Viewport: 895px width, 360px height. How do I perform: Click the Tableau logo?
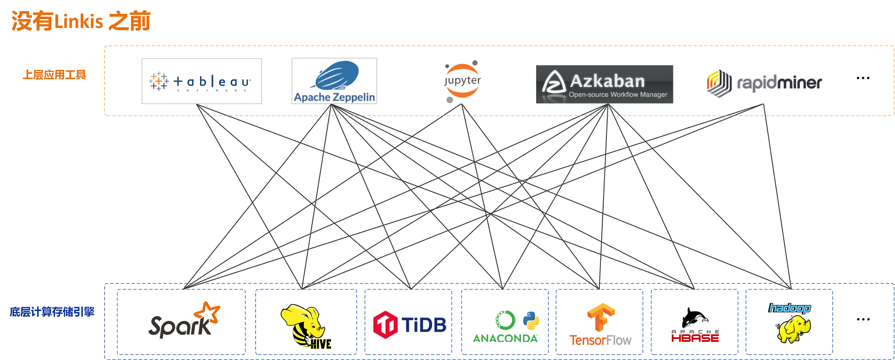click(201, 81)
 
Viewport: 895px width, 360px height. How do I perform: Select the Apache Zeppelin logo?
click(334, 81)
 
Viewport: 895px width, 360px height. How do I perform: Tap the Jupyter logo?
click(462, 81)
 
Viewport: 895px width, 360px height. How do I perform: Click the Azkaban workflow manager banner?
click(604, 84)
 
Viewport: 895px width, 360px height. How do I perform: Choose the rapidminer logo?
click(764, 83)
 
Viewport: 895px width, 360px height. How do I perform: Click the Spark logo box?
click(181, 322)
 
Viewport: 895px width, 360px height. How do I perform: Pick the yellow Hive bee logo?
click(304, 325)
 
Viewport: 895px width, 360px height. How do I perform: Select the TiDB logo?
click(409, 325)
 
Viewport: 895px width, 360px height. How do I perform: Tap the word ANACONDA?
click(505, 338)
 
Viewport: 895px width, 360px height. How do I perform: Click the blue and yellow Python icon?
click(531, 320)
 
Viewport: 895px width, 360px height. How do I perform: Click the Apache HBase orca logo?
click(695, 325)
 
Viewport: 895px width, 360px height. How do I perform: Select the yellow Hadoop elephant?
click(793, 329)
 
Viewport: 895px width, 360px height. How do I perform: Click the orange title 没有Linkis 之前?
click(81, 21)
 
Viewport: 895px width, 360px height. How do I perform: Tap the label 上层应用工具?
click(55, 75)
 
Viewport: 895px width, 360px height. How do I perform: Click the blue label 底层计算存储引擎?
click(52, 312)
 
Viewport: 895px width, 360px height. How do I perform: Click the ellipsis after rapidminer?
click(863, 78)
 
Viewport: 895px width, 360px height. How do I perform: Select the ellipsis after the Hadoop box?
click(863, 319)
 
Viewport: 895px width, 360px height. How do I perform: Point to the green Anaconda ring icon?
click(505, 320)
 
